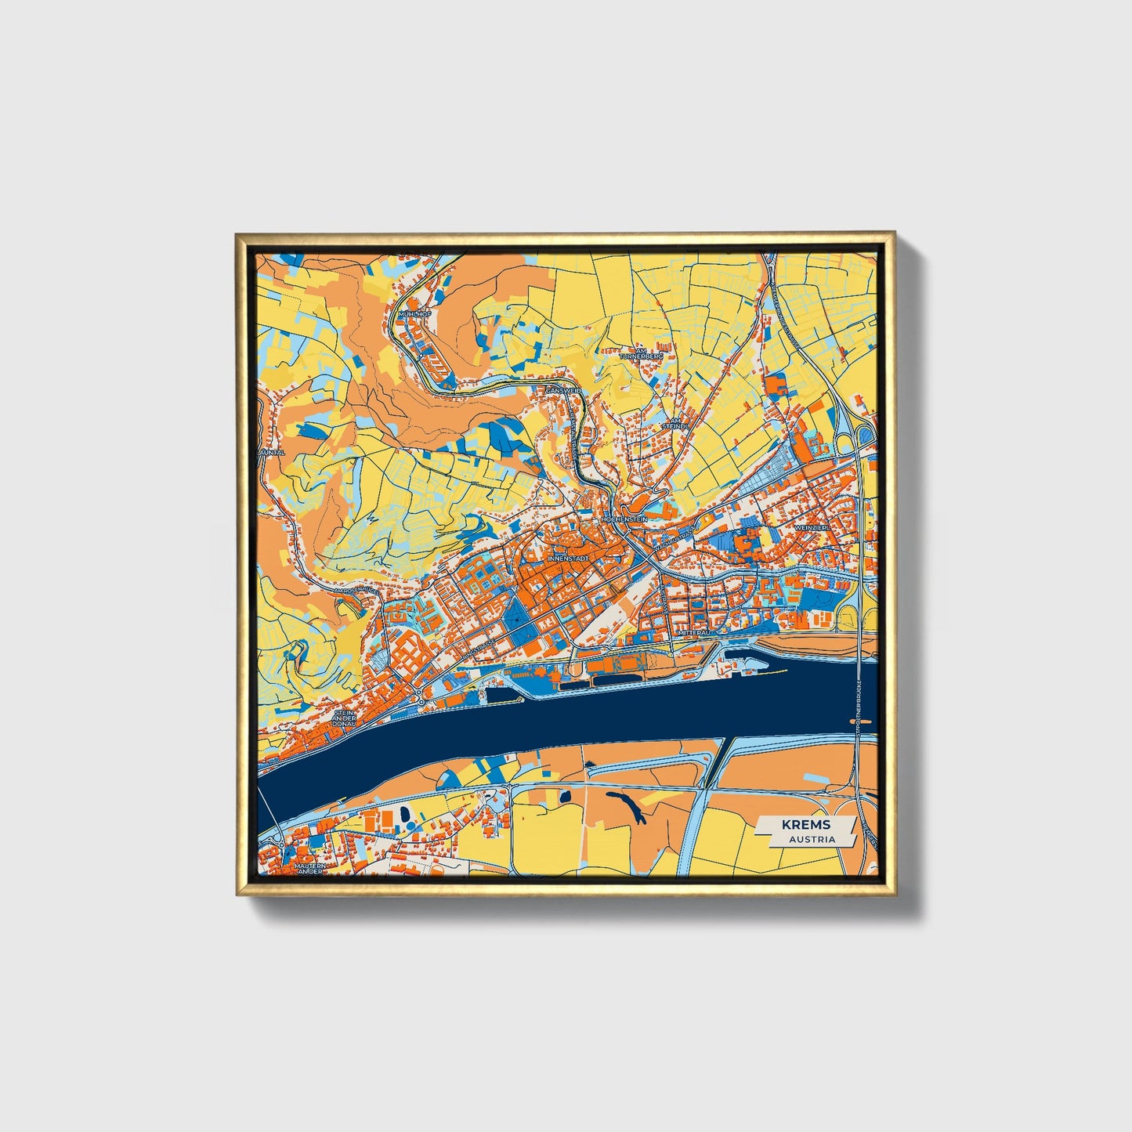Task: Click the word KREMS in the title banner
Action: tap(805, 825)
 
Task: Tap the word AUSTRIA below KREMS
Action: tap(812, 839)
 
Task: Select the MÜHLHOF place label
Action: tap(415, 313)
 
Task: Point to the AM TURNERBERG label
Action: tap(641, 353)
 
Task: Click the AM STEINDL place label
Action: tap(674, 423)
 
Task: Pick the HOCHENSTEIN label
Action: tap(624, 519)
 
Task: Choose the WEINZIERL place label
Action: tap(812, 528)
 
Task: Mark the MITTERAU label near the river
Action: tap(693, 631)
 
